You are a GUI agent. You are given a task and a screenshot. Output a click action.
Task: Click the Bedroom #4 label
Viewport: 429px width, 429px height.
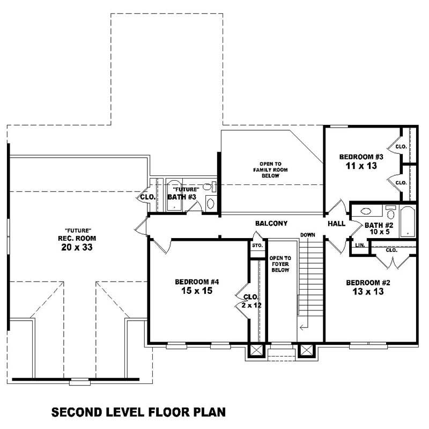197,282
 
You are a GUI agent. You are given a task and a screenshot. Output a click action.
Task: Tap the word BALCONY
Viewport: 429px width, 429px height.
271,223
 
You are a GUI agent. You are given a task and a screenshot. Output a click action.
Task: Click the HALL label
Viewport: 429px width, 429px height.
337,223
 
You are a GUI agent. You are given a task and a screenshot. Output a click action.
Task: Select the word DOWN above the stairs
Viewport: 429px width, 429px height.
308,235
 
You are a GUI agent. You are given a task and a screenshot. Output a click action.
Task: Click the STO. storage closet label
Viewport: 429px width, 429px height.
257,246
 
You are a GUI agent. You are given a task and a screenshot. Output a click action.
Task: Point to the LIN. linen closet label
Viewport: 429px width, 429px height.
360,245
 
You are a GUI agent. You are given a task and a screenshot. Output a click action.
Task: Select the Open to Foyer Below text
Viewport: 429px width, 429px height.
279,263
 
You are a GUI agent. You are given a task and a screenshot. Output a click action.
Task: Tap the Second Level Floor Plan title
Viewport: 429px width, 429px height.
138,412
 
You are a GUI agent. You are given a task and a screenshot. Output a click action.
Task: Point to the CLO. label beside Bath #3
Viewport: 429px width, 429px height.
148,197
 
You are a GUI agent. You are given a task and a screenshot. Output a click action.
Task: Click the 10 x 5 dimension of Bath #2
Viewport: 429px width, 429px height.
380,233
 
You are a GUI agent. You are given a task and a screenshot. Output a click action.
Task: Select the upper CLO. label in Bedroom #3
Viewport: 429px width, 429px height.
401,146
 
